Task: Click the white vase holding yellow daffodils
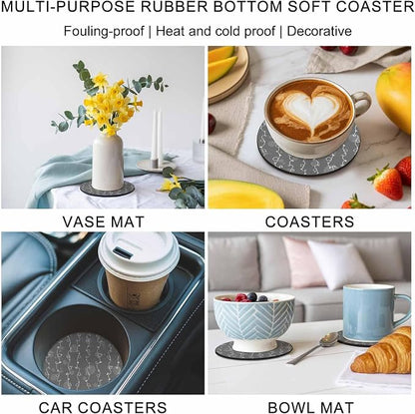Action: [x=107, y=162]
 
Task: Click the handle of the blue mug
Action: [x=405, y=309]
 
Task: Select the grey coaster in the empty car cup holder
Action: [x=83, y=361]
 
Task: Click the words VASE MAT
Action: [x=104, y=221]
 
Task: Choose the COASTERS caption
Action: [x=309, y=221]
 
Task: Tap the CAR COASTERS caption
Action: [x=103, y=407]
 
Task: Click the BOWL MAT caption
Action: [x=310, y=407]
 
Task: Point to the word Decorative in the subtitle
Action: [x=319, y=31]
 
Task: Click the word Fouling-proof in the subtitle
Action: [x=104, y=32]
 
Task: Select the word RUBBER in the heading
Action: [x=179, y=7]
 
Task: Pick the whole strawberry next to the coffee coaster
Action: [x=386, y=182]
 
